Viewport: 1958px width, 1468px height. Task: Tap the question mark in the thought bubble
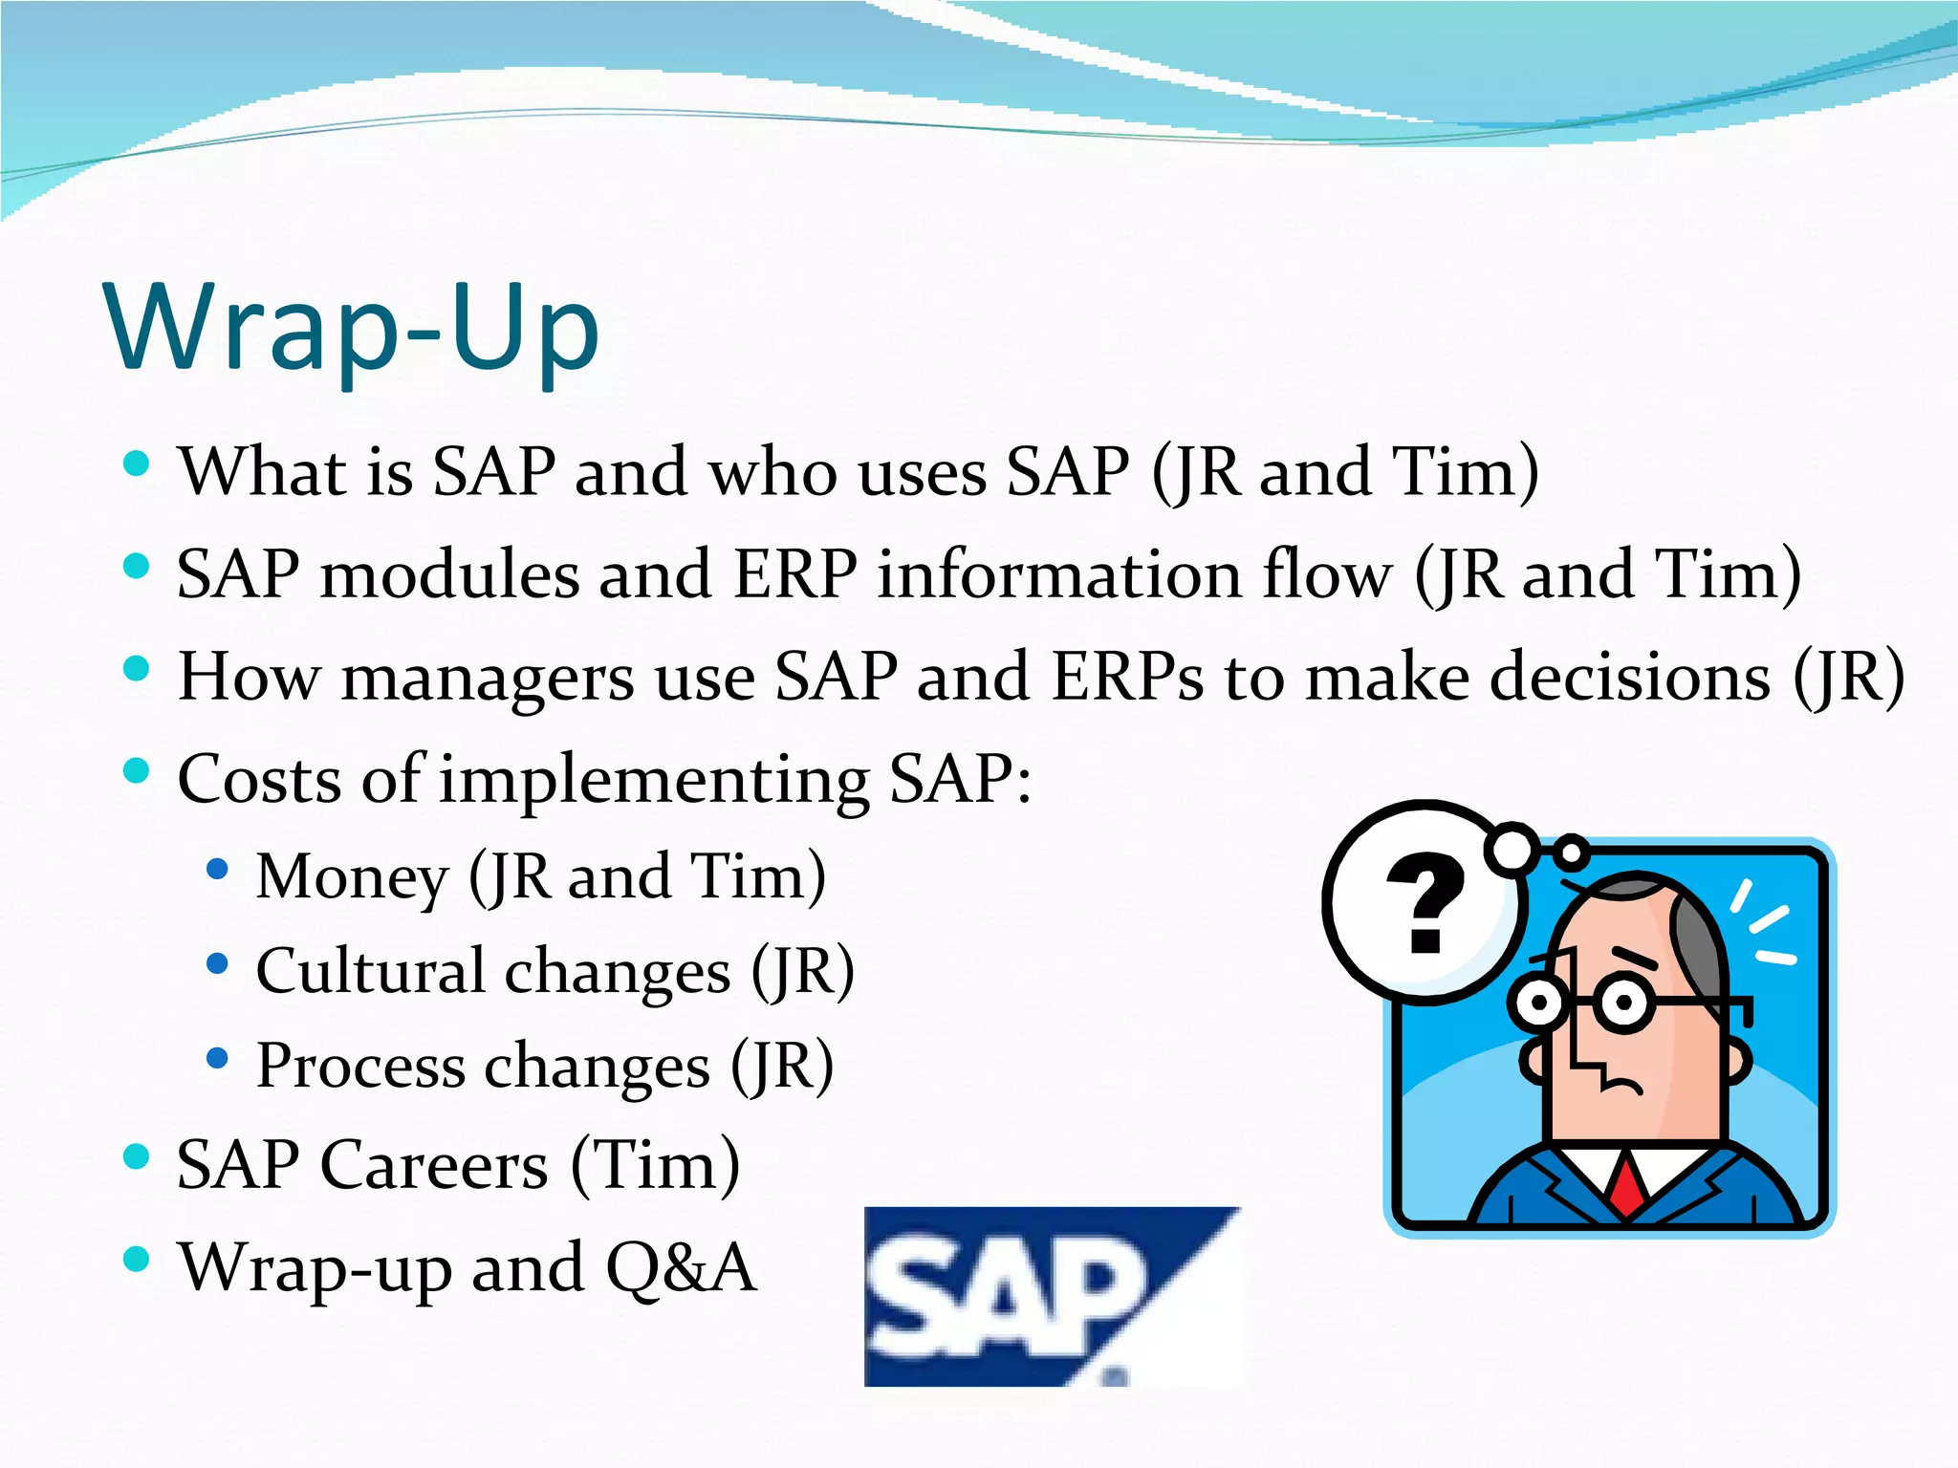[1425, 904]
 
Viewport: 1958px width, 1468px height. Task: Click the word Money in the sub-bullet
[352, 877]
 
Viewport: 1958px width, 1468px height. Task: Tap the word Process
[360, 1066]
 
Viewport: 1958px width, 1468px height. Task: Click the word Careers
[434, 1165]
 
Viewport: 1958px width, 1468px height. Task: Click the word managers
[488, 678]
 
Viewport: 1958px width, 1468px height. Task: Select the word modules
[449, 575]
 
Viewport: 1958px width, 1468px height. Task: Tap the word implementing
[654, 780]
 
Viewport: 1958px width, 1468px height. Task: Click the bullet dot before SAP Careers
[137, 1156]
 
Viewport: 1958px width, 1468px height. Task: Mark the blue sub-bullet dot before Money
[218, 869]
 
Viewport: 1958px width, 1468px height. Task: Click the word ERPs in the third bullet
[1127, 678]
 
